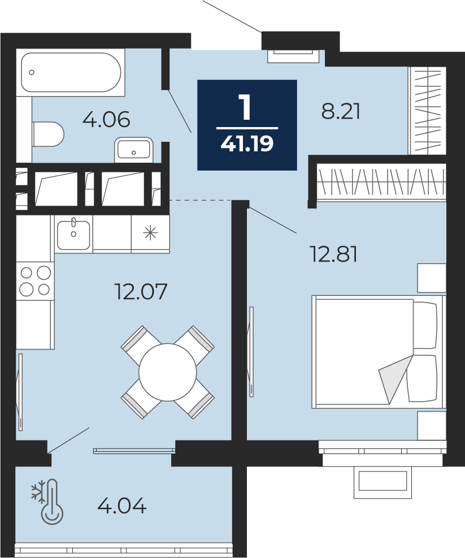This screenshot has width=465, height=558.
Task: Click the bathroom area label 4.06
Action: point(106,120)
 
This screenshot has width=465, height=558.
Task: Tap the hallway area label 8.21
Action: point(341,111)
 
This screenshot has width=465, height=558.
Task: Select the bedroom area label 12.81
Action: point(334,254)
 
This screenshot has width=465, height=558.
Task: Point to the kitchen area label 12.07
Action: point(141,291)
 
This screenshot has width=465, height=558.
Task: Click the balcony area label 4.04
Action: point(122,505)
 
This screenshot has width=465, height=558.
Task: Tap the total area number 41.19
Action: point(247,143)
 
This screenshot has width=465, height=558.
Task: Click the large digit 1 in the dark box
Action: point(246,108)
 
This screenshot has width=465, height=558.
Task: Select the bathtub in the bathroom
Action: point(71,73)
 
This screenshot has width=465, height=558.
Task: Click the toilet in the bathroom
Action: point(48,134)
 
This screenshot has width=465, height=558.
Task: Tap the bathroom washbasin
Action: point(133,150)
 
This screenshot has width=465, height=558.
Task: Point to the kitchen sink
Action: point(73,234)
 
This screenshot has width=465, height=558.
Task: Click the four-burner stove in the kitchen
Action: point(35,281)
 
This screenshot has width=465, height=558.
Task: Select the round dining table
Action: point(167,372)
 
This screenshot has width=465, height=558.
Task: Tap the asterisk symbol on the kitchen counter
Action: point(150,233)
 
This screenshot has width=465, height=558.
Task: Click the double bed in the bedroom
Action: point(378,352)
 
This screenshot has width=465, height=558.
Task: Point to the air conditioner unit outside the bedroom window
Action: point(383,482)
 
